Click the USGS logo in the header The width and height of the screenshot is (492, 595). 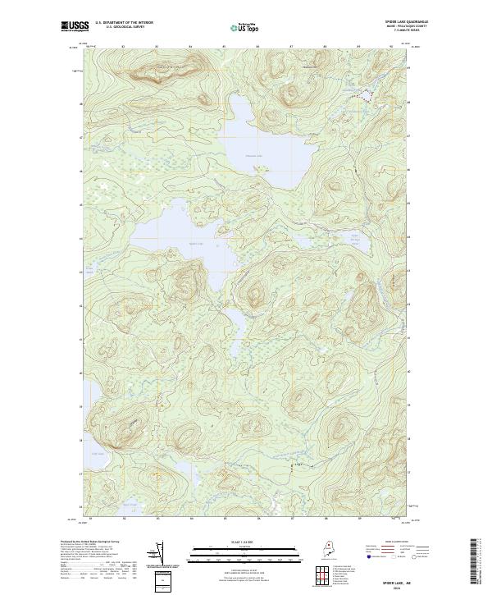[73, 27]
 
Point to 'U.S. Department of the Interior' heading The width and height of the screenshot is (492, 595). [129, 22]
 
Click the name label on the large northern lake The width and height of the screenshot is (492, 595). [254, 156]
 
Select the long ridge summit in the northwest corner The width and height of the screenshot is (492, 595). [156, 67]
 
